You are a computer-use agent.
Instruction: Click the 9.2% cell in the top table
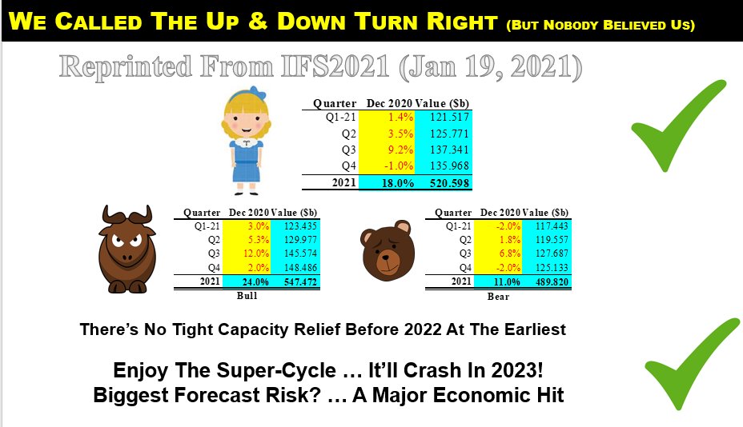coord(400,150)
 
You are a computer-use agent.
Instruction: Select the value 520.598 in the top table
coord(449,183)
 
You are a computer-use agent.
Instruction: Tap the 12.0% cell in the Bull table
coord(256,253)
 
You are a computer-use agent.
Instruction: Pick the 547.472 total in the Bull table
coord(300,282)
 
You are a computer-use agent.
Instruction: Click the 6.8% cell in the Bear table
coord(509,253)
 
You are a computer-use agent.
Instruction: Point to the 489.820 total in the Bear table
coord(552,282)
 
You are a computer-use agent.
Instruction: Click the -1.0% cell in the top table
coord(399,166)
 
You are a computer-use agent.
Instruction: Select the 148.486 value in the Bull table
coord(300,267)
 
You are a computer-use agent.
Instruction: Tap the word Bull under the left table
coord(247,296)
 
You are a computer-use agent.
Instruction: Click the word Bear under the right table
coord(498,297)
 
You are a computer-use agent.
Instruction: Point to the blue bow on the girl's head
coord(256,92)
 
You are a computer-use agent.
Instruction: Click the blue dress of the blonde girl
coord(246,161)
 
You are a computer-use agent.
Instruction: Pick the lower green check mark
coord(691,364)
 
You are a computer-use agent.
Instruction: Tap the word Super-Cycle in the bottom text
coord(276,370)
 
